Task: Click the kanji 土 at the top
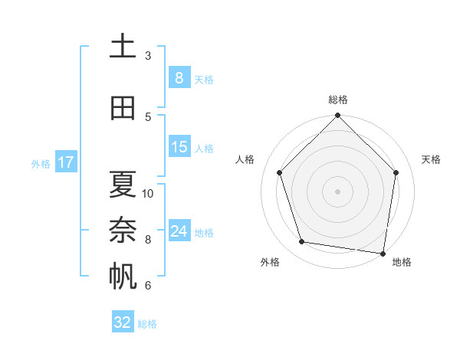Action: (123, 47)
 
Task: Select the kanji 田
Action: (123, 108)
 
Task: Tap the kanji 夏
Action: (123, 185)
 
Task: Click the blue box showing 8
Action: (179, 77)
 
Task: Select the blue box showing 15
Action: (179, 146)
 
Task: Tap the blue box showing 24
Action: (179, 231)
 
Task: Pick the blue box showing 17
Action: (65, 162)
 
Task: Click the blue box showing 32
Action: (123, 322)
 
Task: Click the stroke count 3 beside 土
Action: (148, 55)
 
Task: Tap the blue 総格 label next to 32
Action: (147, 324)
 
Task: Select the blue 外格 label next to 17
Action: (40, 163)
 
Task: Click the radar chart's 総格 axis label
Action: (337, 100)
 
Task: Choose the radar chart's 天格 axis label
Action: (431, 159)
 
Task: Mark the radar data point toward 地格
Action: (383, 253)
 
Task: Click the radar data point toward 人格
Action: (279, 172)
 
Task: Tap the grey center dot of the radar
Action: (337, 191)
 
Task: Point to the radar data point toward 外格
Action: (301, 242)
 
